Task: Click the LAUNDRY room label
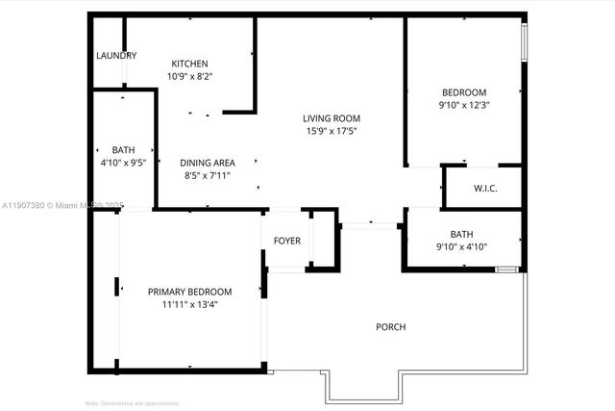(x=116, y=56)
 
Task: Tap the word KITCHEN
(x=189, y=64)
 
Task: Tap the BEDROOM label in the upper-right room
(x=463, y=92)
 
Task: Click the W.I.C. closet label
(x=485, y=188)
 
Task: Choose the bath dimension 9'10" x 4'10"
(x=462, y=246)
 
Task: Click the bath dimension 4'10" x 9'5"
(x=123, y=163)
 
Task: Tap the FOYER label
(x=286, y=240)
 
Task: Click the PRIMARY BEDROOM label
(x=189, y=292)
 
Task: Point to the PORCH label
(x=390, y=327)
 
